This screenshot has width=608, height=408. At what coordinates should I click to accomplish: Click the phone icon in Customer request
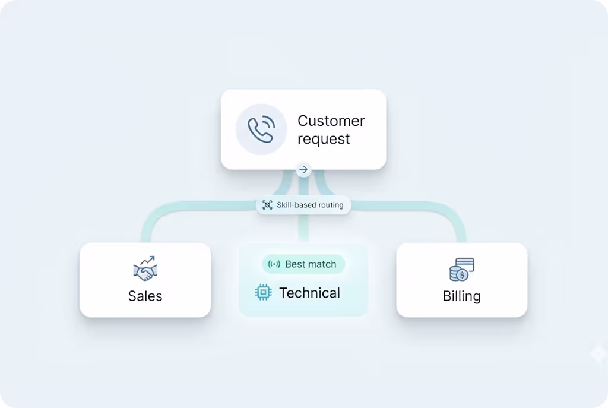261,129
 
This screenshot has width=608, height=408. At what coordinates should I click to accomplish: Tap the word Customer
331,121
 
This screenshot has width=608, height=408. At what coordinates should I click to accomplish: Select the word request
324,140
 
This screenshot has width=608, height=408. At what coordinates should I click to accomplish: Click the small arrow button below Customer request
303,170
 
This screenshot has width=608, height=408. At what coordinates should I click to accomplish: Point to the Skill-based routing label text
310,205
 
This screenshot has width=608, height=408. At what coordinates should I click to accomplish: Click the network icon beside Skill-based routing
267,205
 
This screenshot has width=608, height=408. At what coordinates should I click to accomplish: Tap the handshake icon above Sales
145,269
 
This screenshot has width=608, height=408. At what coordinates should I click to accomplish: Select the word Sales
145,296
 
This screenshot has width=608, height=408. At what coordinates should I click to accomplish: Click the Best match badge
303,264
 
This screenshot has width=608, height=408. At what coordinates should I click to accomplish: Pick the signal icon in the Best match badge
274,264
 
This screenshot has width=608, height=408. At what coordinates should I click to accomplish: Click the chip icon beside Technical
263,292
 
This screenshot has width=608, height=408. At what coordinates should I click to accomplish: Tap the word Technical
309,293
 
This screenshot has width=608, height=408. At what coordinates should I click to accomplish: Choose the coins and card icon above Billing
461,270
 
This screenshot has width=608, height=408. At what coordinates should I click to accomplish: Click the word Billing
461,296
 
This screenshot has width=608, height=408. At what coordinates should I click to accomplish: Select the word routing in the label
331,205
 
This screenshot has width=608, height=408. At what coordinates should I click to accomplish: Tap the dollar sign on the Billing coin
462,276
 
